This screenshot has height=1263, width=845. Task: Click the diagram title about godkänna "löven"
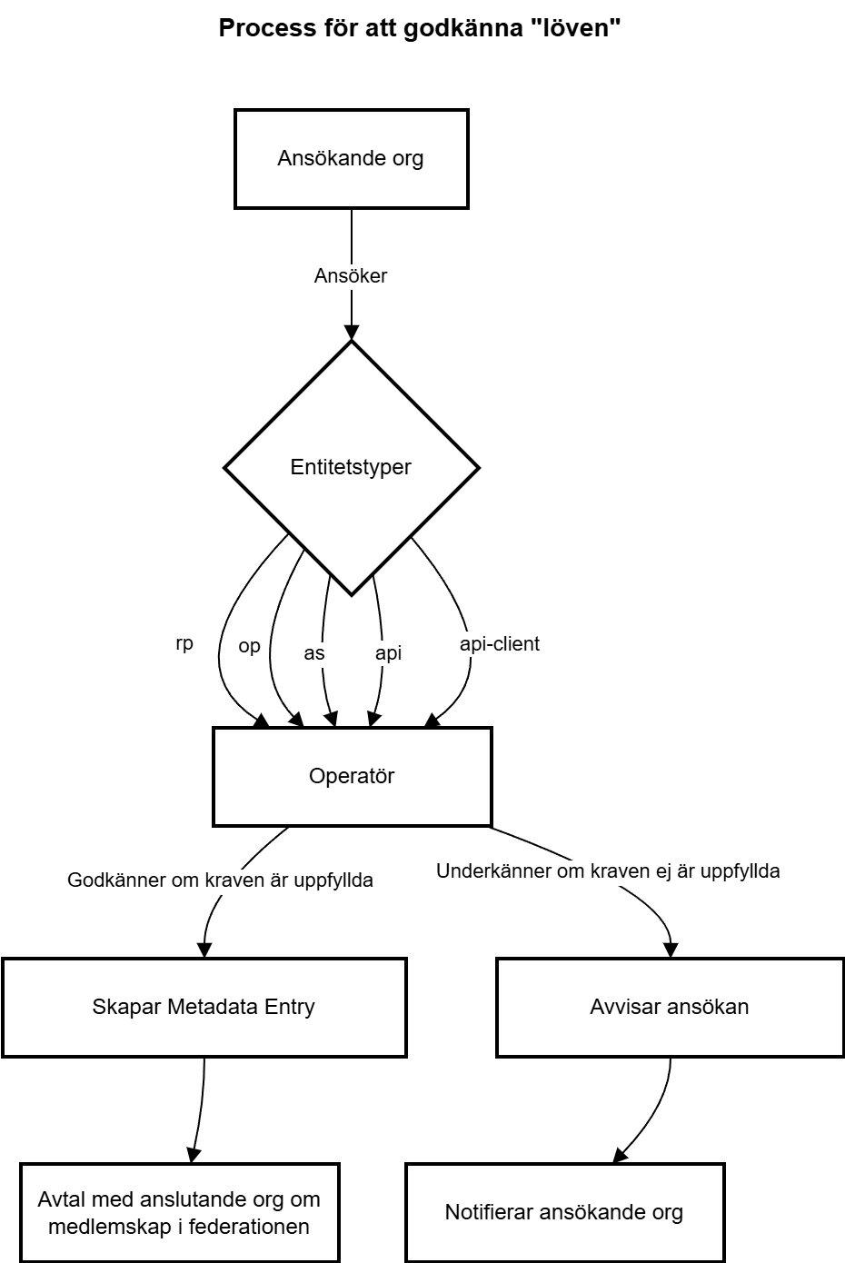(x=420, y=28)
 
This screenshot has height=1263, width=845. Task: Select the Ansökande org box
(x=352, y=159)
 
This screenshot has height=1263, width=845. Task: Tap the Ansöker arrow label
(x=351, y=275)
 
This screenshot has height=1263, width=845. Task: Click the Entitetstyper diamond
(x=352, y=467)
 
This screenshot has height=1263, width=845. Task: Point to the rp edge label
(x=184, y=643)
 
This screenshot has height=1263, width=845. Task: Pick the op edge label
(x=249, y=646)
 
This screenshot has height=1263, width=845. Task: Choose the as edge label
(x=314, y=653)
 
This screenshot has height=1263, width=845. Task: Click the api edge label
(x=388, y=653)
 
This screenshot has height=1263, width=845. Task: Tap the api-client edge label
(x=500, y=644)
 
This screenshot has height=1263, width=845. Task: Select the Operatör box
(x=353, y=776)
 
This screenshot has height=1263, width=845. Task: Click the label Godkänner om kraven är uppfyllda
(x=220, y=880)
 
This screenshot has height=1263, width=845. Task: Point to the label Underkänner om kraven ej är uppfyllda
(x=608, y=871)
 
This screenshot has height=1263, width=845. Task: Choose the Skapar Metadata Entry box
(x=204, y=1007)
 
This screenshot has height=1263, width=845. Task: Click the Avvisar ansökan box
(x=670, y=1007)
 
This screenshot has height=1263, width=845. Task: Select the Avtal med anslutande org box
(x=180, y=1213)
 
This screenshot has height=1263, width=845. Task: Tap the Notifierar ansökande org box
(x=565, y=1213)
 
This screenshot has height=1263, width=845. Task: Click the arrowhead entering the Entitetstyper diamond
(x=352, y=333)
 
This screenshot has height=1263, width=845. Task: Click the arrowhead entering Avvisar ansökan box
(x=671, y=950)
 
